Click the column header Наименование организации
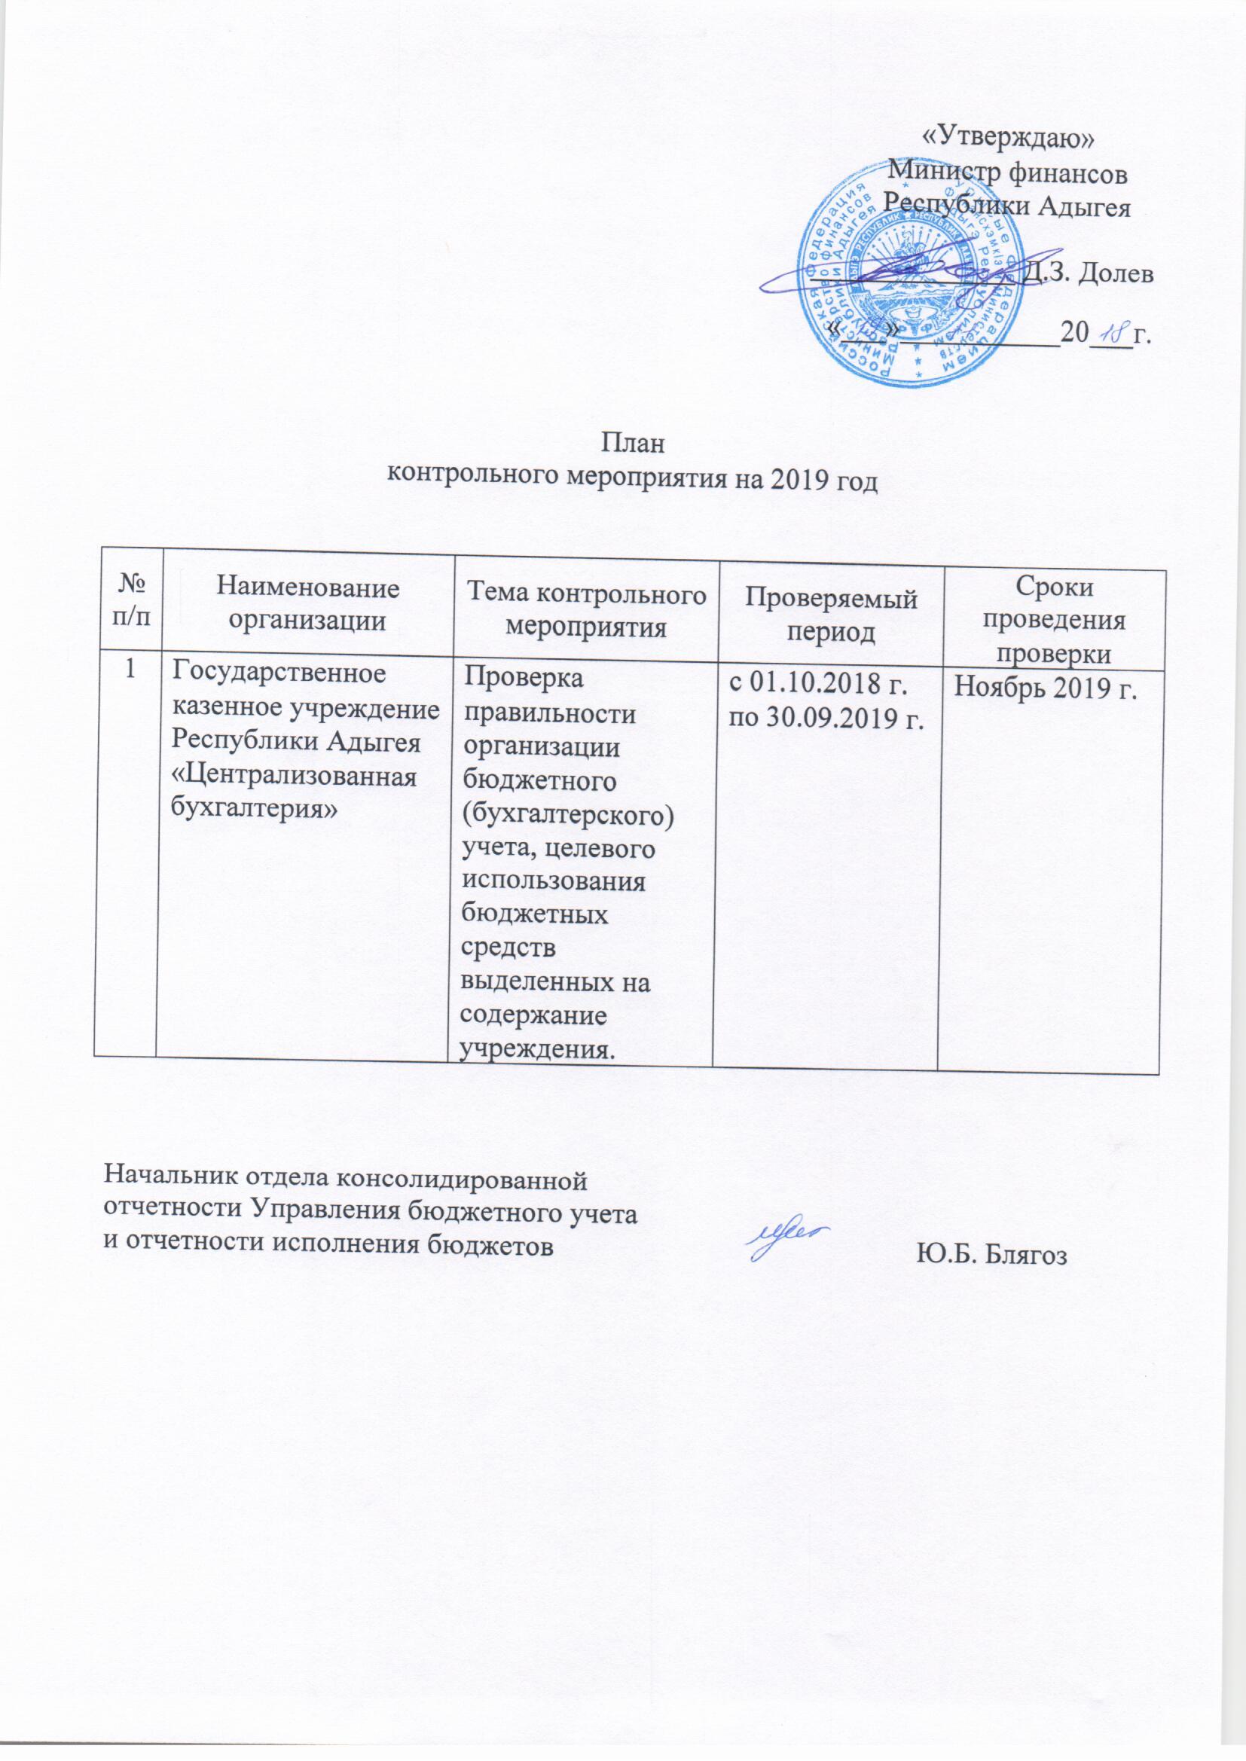(x=307, y=604)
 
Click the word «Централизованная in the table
(x=295, y=777)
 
